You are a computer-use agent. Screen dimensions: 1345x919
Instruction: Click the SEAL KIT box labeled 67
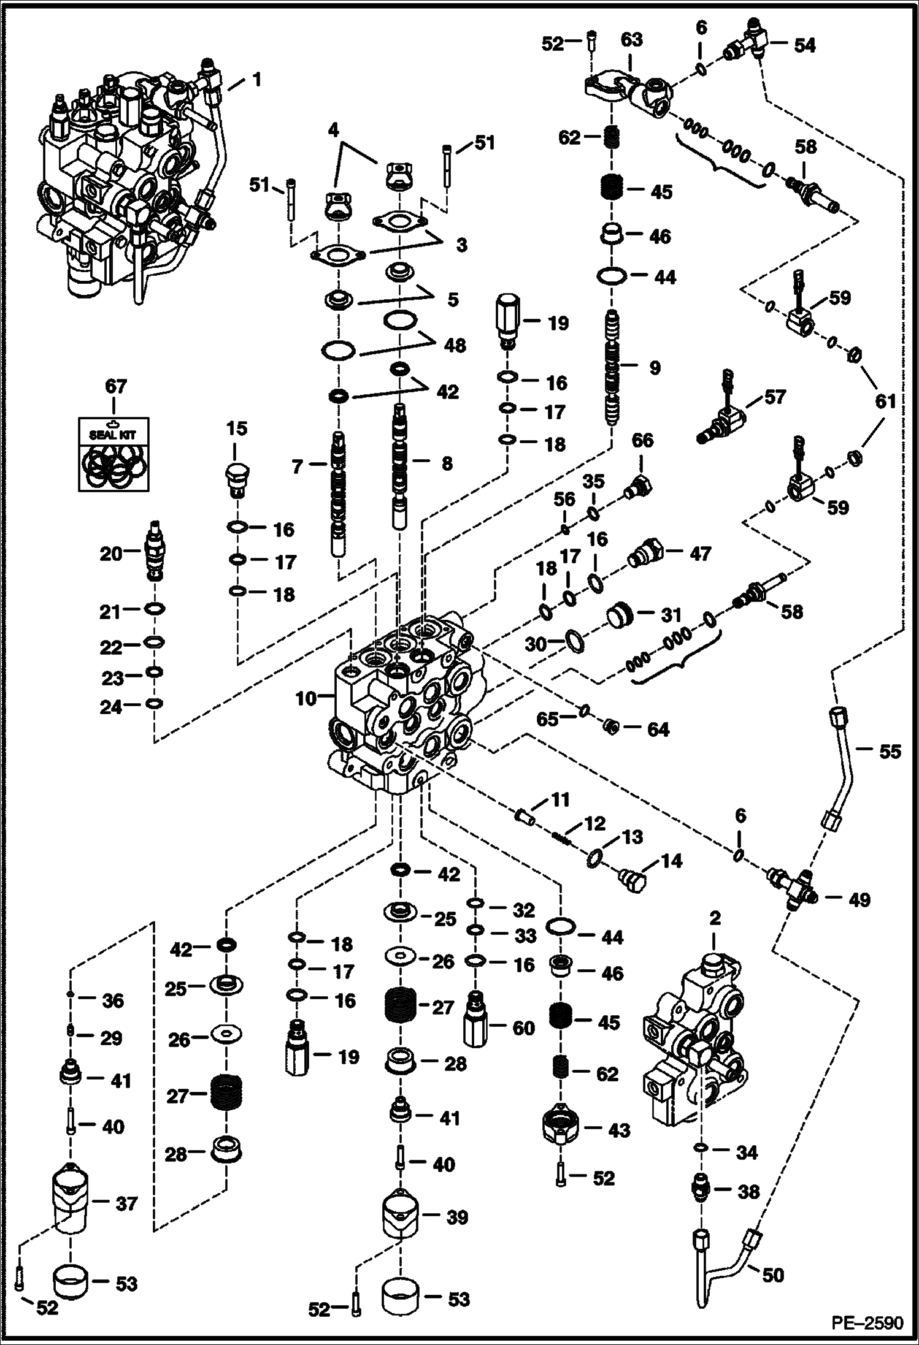pos(113,454)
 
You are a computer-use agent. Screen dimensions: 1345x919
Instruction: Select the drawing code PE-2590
pos(867,1323)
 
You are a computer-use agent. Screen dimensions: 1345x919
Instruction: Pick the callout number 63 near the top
pos(631,40)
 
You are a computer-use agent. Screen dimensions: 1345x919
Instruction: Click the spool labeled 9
pos(612,367)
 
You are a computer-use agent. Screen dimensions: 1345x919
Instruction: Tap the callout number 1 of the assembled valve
pos(257,80)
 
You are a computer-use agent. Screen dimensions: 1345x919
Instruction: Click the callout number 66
pos(642,440)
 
